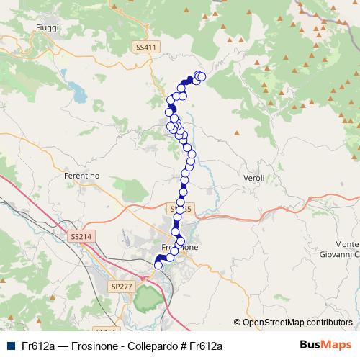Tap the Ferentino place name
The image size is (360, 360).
pos(81,176)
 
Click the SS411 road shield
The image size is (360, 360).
pos(145,47)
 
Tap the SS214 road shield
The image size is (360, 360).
pos(81,236)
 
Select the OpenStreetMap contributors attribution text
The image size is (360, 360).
pos(297,323)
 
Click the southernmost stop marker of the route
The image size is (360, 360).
pos(158,266)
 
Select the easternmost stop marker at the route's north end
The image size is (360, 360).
pos(202,76)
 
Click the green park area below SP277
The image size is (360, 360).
pos(148,297)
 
